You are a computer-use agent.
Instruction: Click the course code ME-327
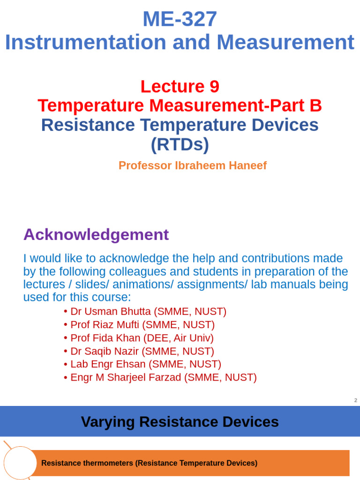click(180, 19)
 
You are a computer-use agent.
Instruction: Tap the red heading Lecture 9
click(180, 86)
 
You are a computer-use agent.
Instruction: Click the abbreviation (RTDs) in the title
click(180, 145)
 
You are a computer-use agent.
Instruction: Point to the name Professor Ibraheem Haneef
click(193, 165)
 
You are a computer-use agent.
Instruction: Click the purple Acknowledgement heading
click(96, 234)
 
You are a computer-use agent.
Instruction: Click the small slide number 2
click(355, 400)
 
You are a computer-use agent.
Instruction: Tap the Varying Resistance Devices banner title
click(180, 422)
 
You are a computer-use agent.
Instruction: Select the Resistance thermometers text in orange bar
click(149, 463)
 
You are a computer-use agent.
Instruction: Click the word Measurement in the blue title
click(285, 43)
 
